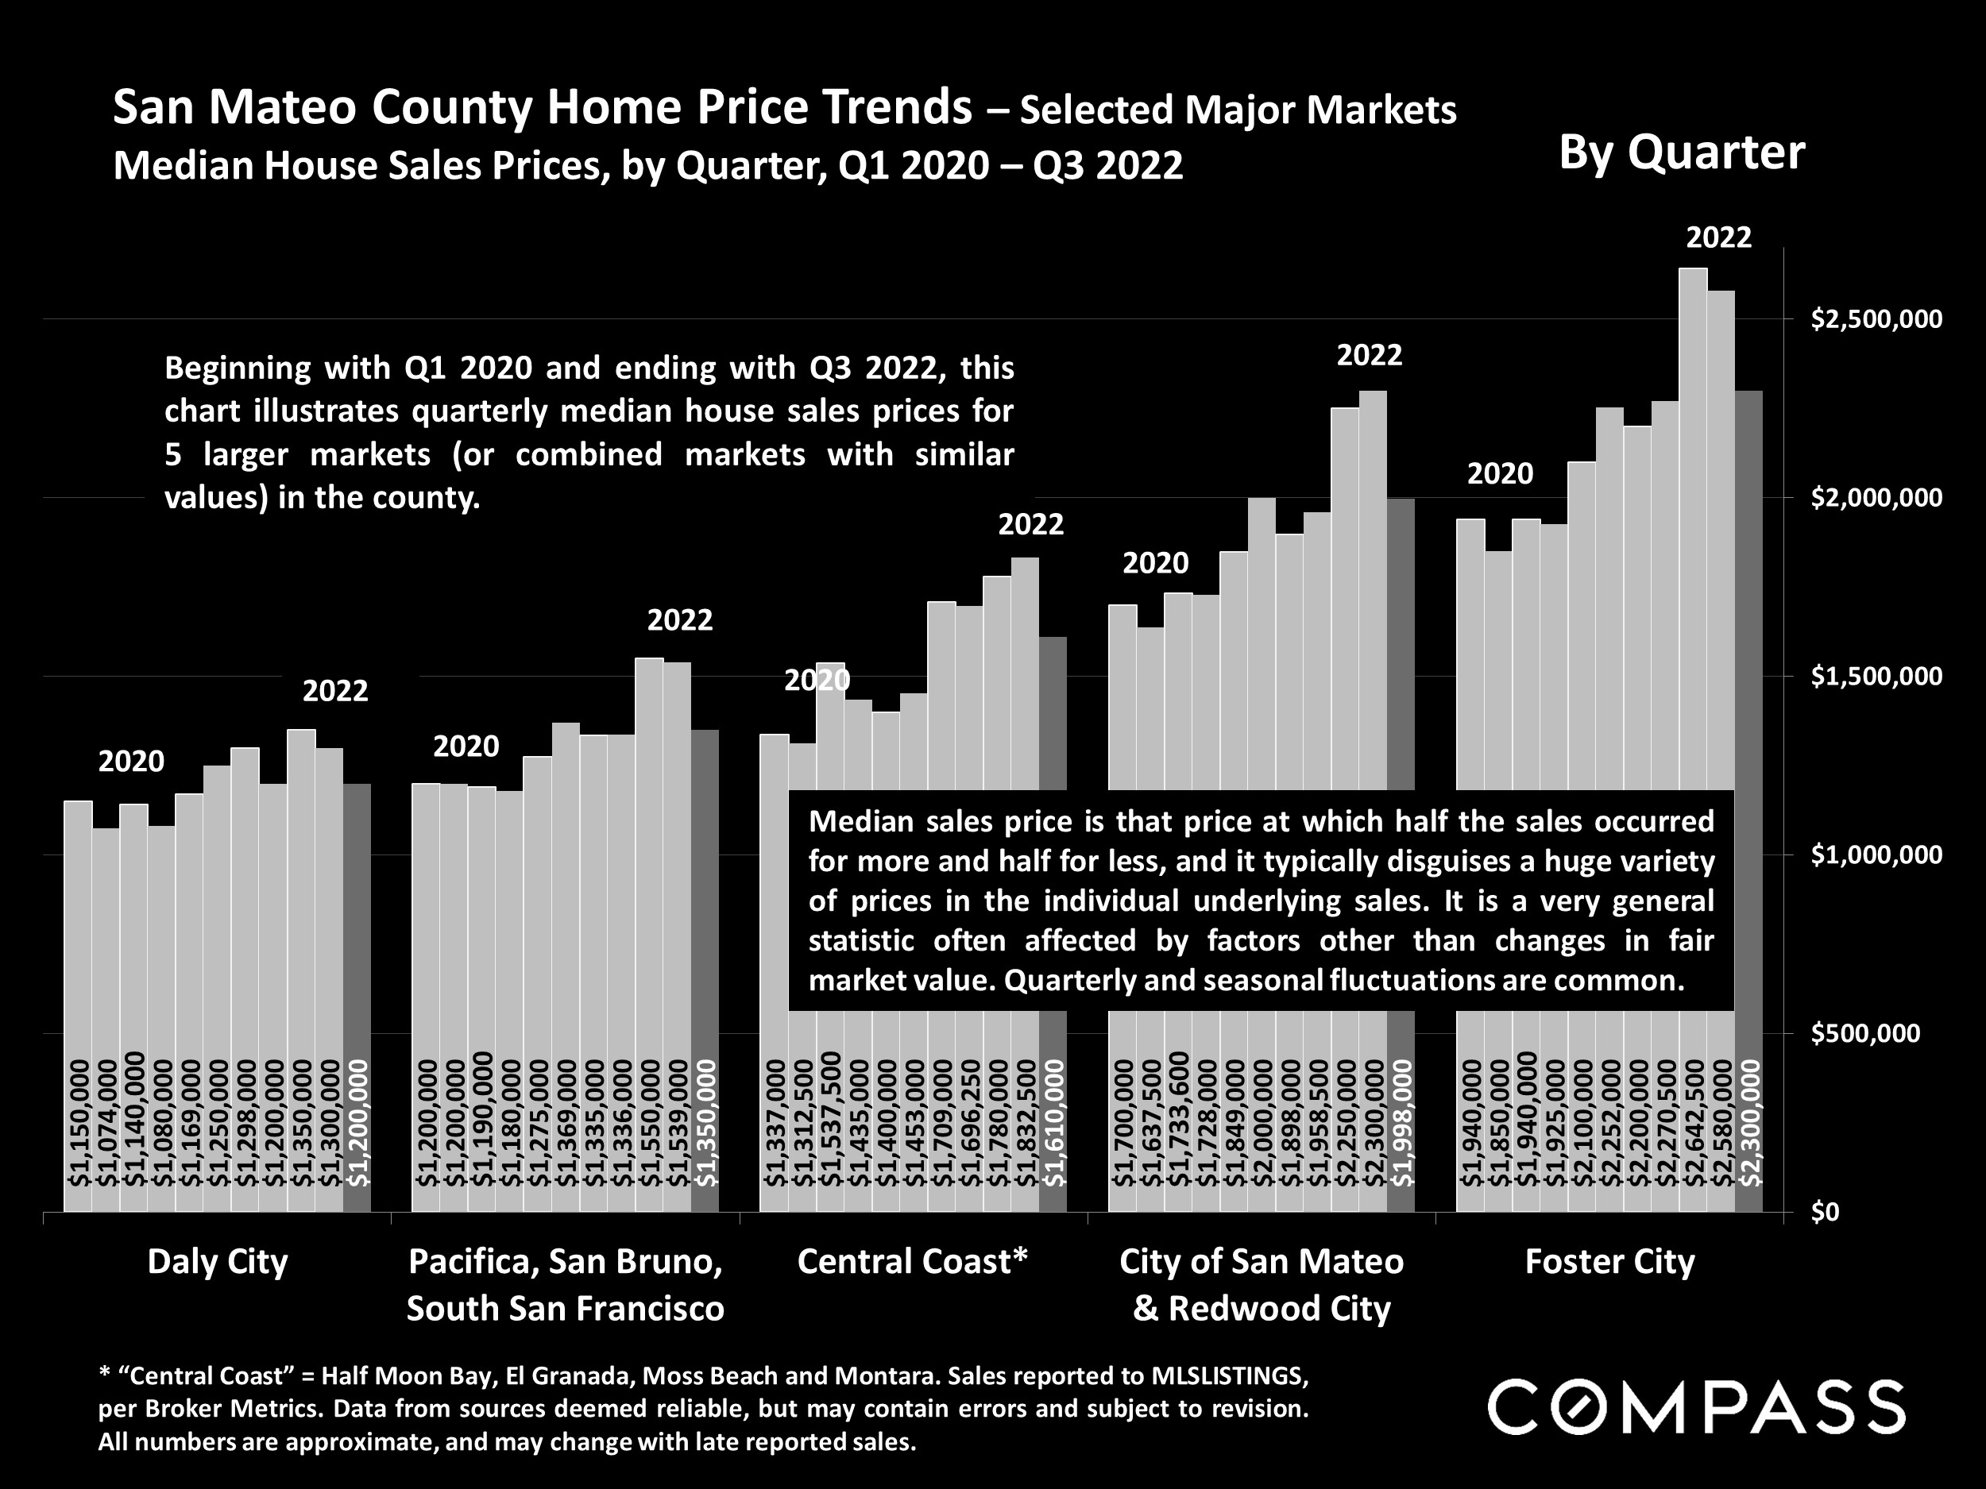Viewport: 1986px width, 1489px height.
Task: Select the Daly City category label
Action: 218,1261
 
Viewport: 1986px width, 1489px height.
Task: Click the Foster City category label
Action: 1609,1261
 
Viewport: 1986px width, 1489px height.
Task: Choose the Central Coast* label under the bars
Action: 912,1261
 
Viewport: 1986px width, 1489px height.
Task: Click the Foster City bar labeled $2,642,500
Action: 1692,628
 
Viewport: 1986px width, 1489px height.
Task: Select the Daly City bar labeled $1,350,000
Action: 301,897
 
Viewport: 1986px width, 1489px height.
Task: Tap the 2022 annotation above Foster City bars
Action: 1718,238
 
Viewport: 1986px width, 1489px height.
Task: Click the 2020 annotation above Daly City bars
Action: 131,762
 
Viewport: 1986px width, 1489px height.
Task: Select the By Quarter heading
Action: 1681,152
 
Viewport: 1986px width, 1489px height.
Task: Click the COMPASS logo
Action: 1696,1407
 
